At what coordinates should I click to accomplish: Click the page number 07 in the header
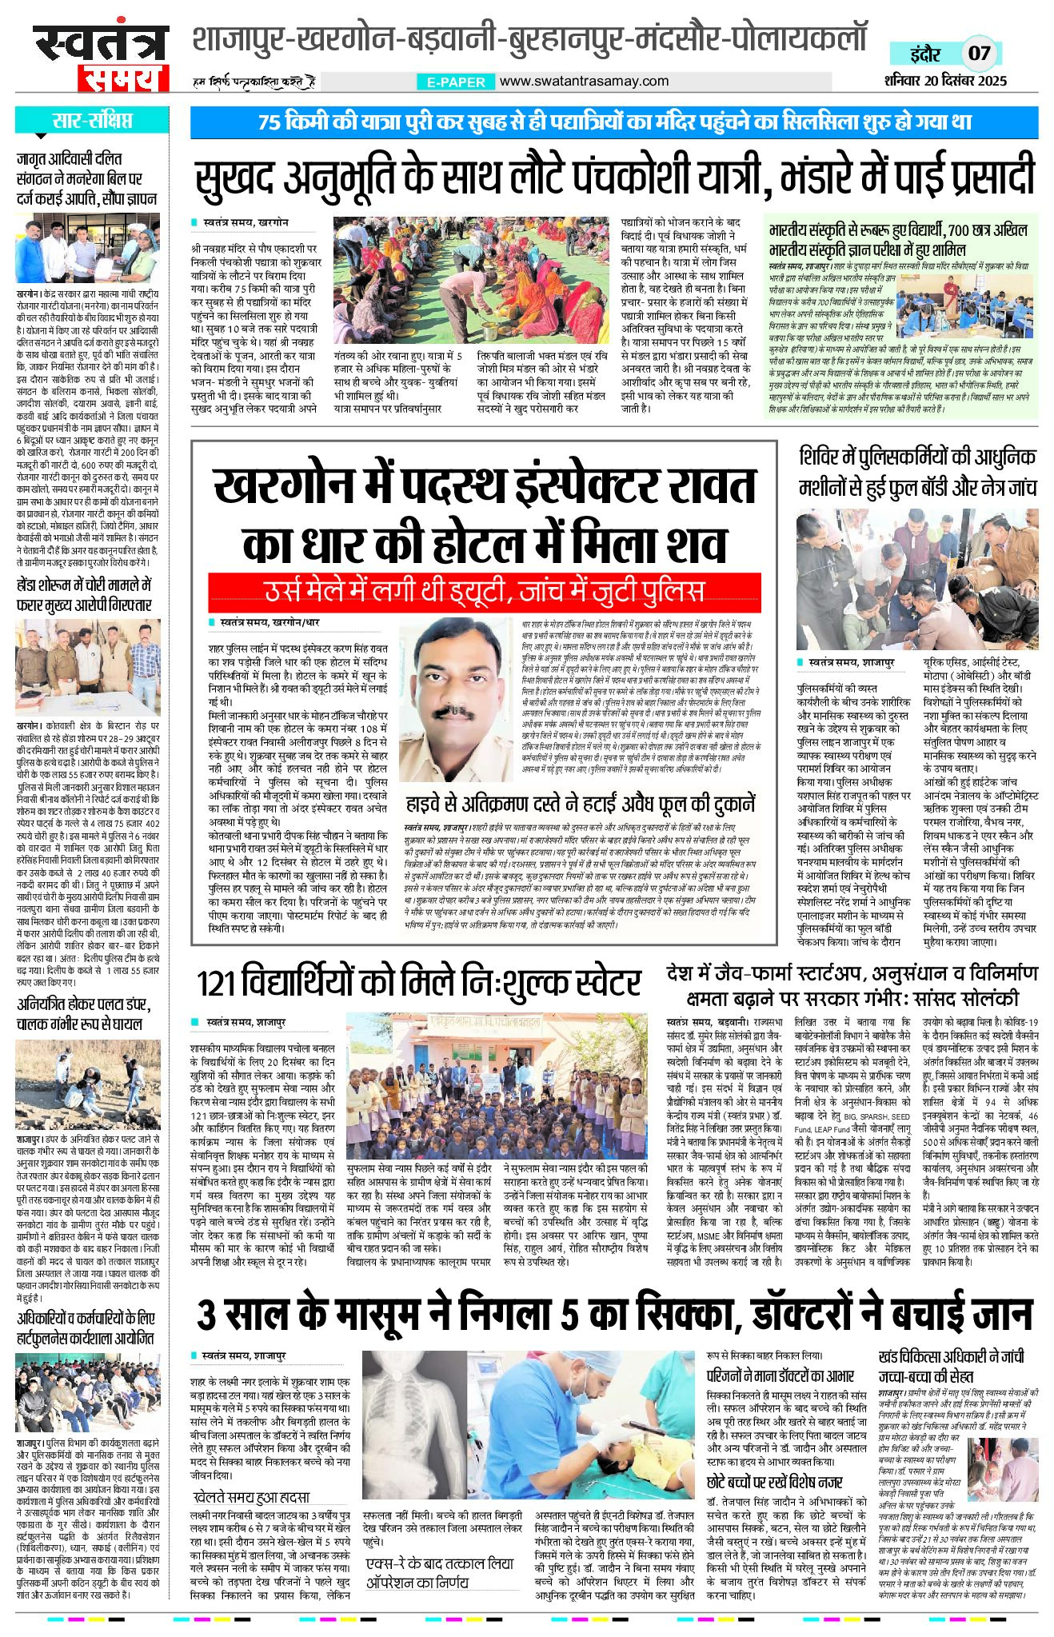979,54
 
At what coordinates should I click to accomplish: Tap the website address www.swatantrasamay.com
584,81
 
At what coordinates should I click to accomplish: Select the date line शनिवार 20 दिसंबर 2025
945,81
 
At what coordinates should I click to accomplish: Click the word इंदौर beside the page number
925,54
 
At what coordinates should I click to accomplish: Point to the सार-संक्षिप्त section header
92,122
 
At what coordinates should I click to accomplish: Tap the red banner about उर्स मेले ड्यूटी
484,591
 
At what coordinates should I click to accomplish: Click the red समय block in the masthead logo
123,78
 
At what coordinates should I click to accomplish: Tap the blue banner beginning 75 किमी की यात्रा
613,122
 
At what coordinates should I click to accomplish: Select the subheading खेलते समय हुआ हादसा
250,1497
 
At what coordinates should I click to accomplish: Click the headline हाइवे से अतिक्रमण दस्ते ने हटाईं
580,805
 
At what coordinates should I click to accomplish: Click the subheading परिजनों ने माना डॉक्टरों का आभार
781,1375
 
